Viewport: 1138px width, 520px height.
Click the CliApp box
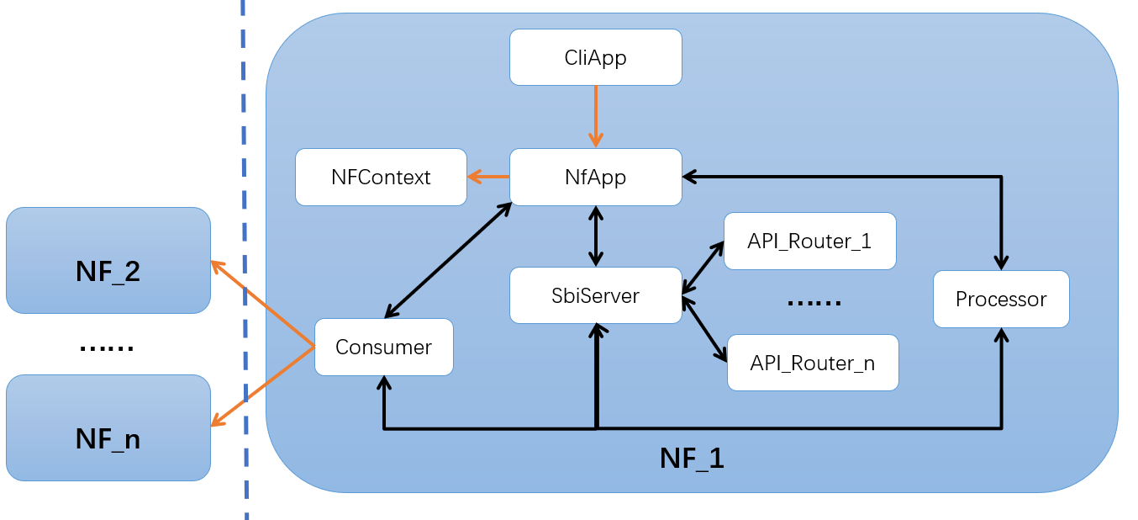[595, 57]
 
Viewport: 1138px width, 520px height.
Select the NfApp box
[595, 177]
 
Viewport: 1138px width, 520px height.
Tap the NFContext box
[380, 177]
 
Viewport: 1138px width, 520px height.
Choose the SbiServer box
[595, 295]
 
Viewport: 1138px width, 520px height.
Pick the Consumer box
[383, 347]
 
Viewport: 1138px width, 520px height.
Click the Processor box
[1000, 299]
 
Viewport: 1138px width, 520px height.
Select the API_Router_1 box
[809, 241]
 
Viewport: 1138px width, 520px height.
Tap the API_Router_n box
[812, 363]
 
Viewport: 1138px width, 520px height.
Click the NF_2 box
[108, 271]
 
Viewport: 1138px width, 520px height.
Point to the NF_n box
[108, 438]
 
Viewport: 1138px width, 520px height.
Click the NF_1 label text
[691, 459]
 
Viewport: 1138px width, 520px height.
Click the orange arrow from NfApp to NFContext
[488, 177]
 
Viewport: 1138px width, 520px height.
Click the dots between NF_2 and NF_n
[106, 348]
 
